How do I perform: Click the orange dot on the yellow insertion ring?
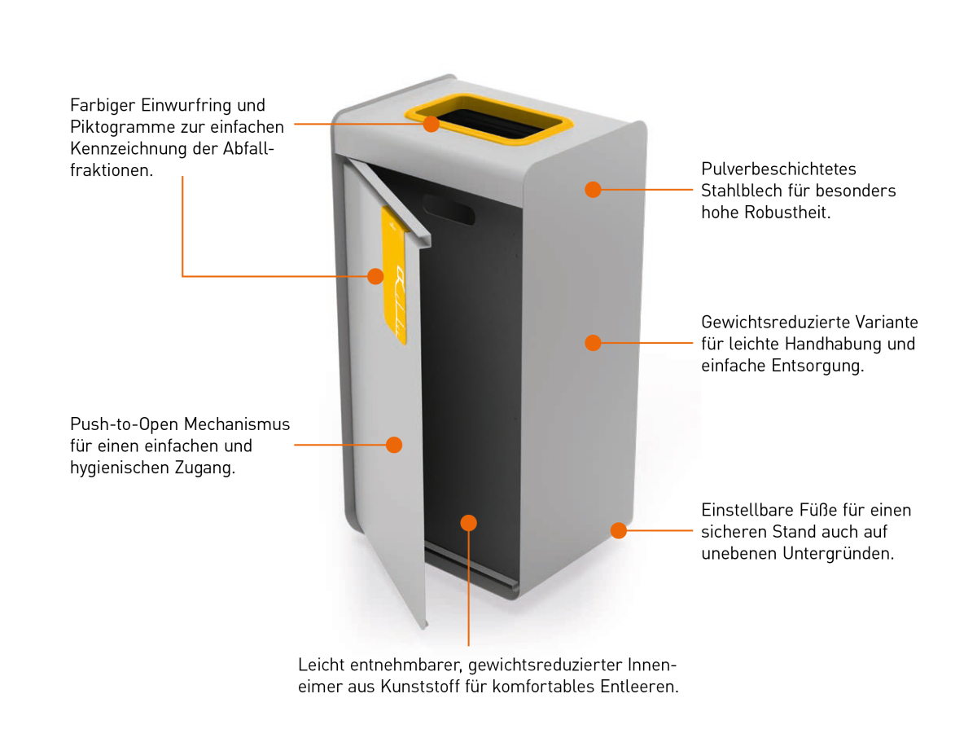(x=431, y=124)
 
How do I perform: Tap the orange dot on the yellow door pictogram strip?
(x=375, y=276)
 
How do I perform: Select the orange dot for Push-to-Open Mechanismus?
(x=394, y=445)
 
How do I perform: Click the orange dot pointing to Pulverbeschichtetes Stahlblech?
(x=593, y=190)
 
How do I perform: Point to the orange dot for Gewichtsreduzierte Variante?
(x=593, y=343)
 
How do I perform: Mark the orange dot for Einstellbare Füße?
(x=619, y=531)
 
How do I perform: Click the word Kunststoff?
(x=422, y=687)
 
